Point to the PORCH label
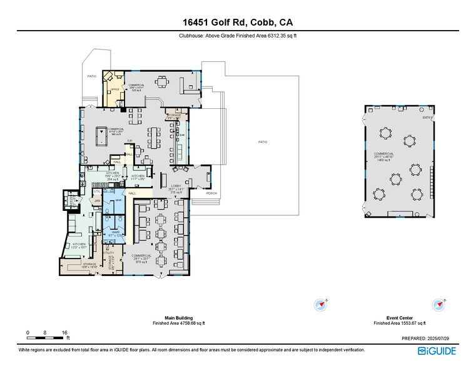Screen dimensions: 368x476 click(212, 193)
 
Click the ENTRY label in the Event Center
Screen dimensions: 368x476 click(427, 118)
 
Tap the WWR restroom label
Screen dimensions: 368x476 click(116, 232)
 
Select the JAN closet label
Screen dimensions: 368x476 click(97, 201)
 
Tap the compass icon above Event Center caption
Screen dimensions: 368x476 click(437, 305)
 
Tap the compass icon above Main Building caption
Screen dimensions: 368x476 click(322, 305)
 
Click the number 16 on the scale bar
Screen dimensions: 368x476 click(64, 332)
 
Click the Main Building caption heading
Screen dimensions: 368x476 click(178, 318)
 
